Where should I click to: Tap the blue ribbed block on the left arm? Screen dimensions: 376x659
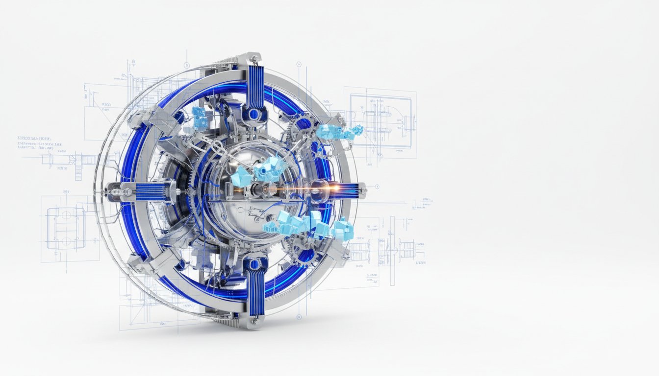pyautogui.click(x=149, y=191)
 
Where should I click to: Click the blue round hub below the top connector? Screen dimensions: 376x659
pyautogui.click(x=254, y=115)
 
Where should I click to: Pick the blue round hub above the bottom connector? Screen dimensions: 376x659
pyautogui.click(x=253, y=264)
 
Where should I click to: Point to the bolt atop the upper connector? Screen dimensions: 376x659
pyautogui.click(x=254, y=59)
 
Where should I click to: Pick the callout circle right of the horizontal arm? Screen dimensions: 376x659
pyautogui.click(x=377, y=187)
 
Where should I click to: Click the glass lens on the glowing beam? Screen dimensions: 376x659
pyautogui.click(x=318, y=188)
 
